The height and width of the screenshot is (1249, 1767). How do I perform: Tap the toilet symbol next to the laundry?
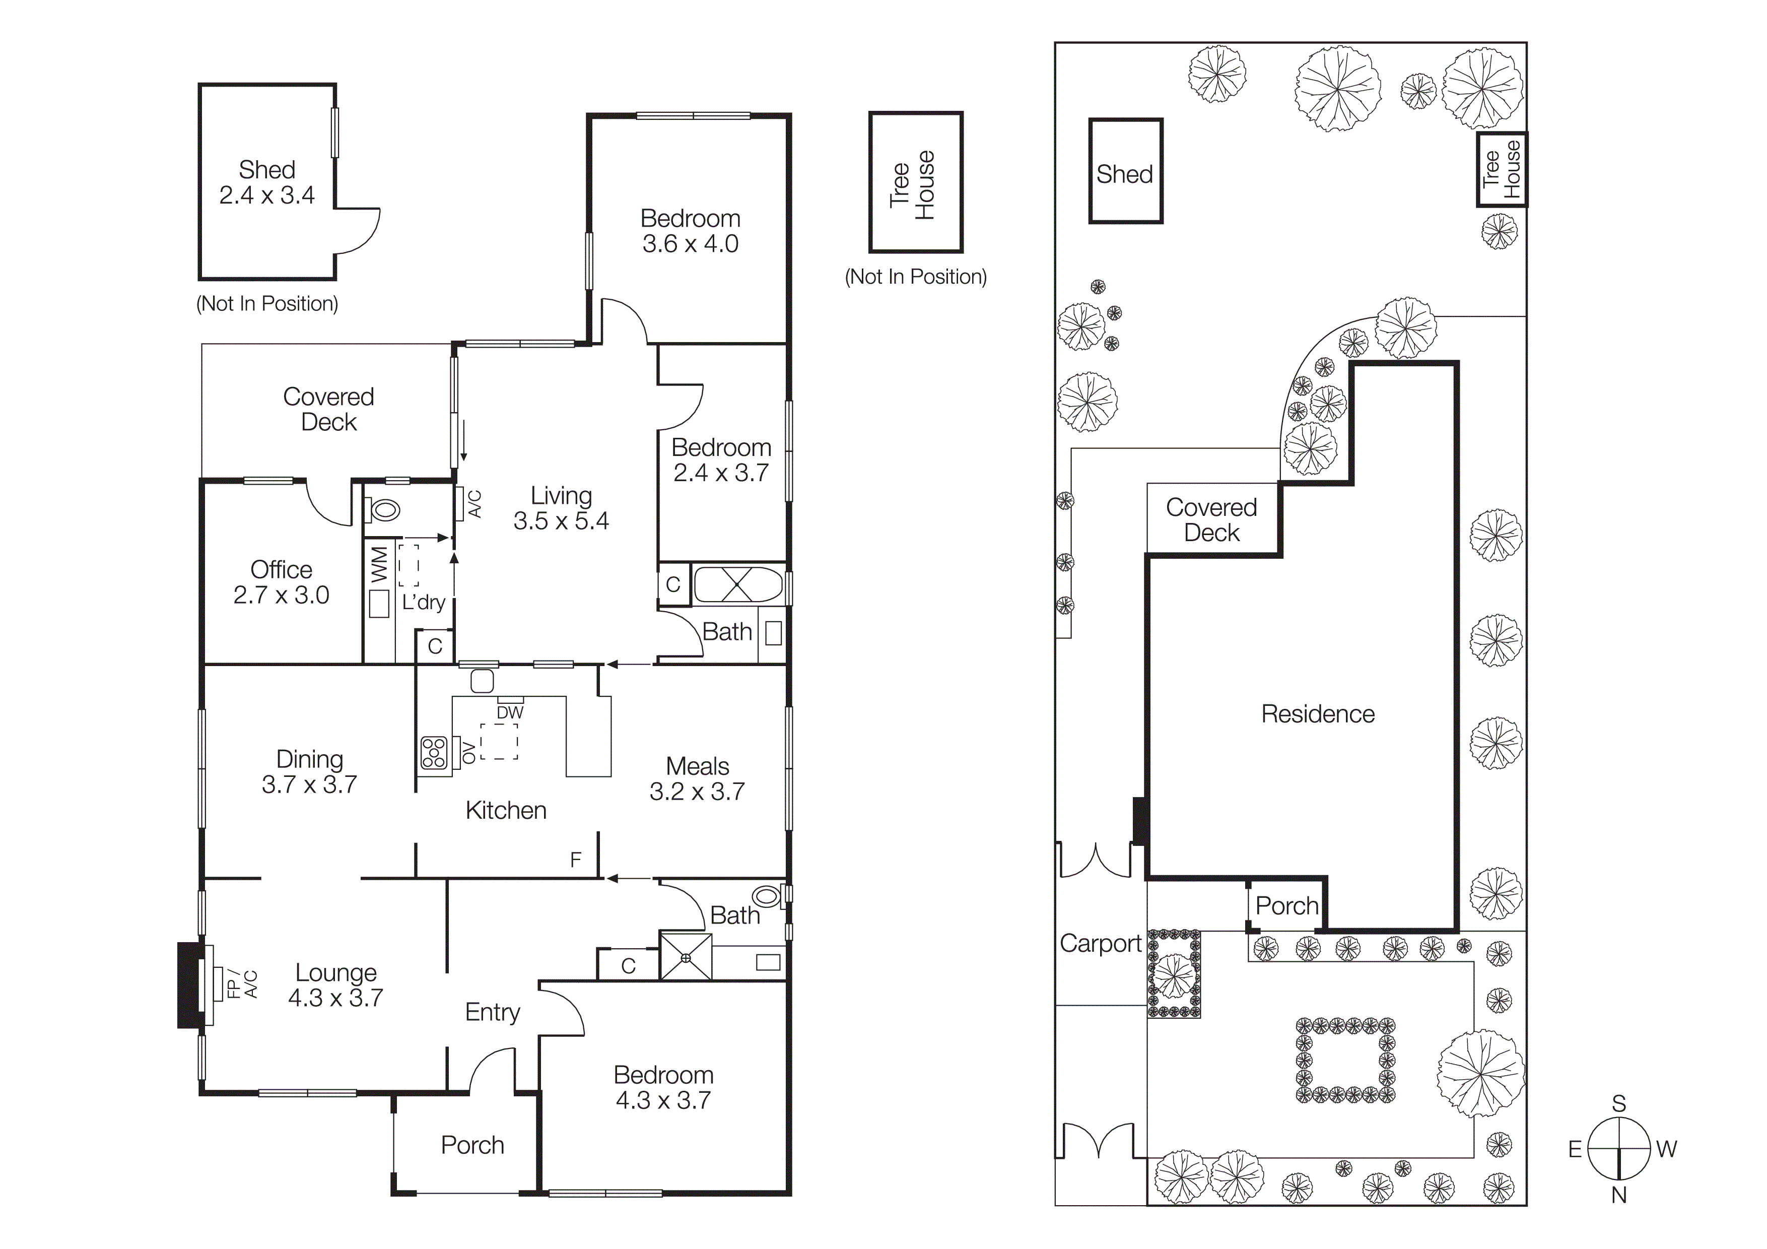tap(385, 509)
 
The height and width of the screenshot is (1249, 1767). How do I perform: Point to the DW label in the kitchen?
tap(509, 712)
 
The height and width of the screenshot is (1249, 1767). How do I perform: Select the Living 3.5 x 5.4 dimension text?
tap(561, 521)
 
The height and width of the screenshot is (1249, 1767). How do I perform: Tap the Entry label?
tap(493, 1012)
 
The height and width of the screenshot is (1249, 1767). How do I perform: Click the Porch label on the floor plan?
tap(472, 1145)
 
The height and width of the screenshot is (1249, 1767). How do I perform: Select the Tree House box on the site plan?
tap(1502, 169)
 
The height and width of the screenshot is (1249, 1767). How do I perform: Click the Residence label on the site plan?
tap(1318, 714)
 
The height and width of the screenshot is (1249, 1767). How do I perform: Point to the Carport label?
tap(1100, 944)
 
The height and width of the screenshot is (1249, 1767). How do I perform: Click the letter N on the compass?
tap(1618, 1195)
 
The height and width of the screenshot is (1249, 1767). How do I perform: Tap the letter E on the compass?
tap(1575, 1149)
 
